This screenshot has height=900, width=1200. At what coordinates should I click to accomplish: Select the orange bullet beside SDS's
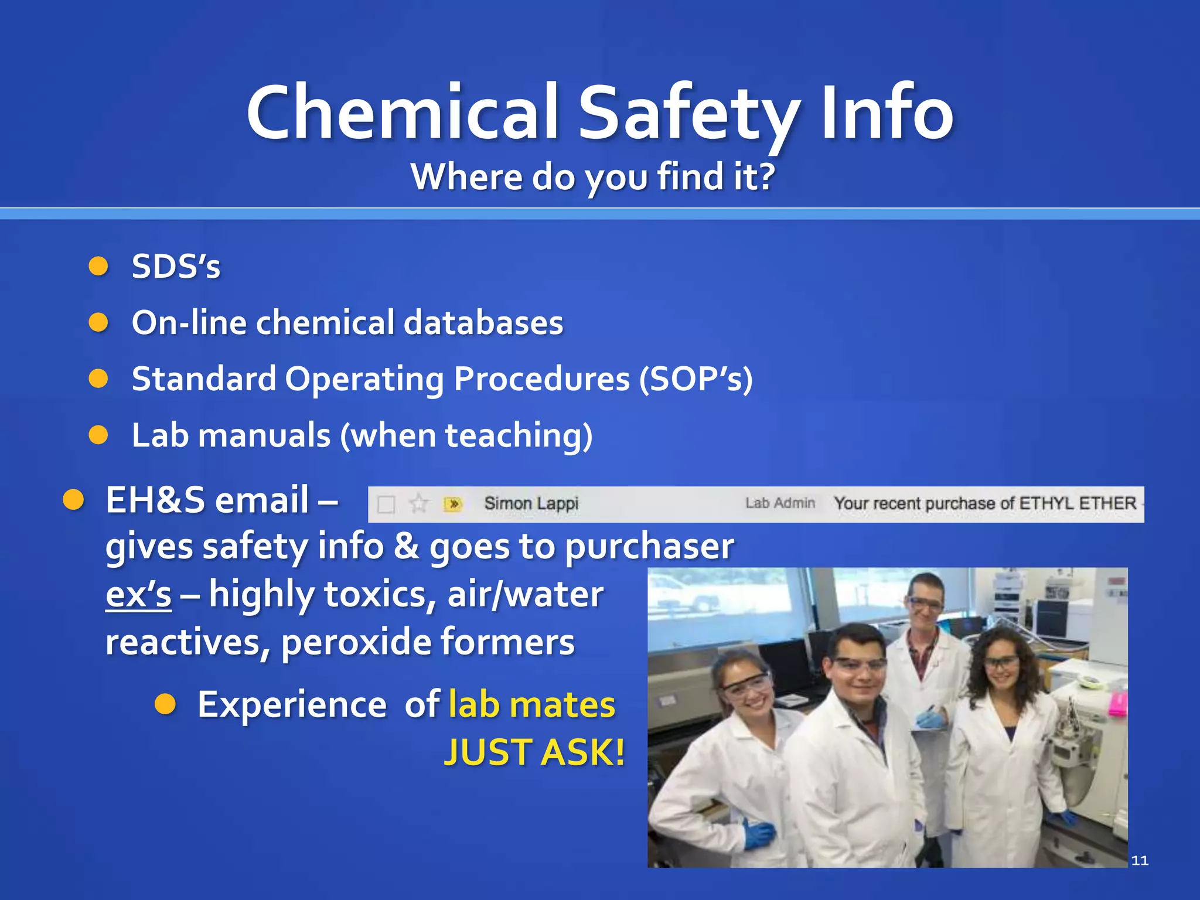tap(98, 267)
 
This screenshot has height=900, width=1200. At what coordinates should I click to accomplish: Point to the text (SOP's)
tap(696, 379)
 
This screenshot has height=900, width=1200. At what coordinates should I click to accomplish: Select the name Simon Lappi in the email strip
tap(531, 503)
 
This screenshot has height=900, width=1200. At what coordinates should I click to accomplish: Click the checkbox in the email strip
tap(386, 504)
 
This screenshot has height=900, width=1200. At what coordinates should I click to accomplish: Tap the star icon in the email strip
tap(418, 503)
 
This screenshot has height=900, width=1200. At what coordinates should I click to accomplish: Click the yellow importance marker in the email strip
tap(453, 503)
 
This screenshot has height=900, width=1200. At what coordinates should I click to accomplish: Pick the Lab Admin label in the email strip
tap(780, 503)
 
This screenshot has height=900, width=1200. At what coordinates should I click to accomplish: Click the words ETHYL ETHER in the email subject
tap(1077, 503)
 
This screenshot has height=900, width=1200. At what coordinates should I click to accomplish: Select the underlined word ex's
tap(138, 594)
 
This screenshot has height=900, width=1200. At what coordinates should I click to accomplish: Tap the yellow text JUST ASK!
tap(534, 752)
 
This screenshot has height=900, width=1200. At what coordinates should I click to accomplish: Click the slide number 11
tap(1139, 860)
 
